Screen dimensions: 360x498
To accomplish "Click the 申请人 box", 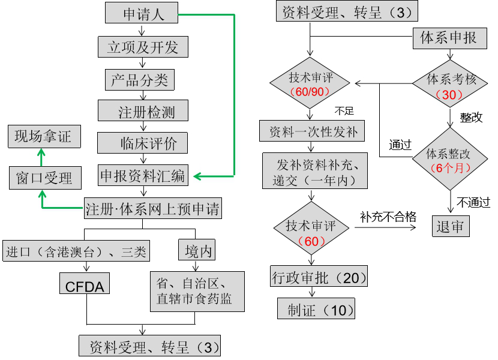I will tap(142, 13).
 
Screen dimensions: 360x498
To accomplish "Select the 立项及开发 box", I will tap(142, 47).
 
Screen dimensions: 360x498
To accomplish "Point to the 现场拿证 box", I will tap(43, 137).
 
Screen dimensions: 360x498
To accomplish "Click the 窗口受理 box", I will tap(41, 178).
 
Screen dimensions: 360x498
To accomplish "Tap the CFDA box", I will tap(85, 284).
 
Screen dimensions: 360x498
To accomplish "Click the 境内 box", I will tap(196, 250).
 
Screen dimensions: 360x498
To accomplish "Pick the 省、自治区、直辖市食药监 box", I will tap(197, 292).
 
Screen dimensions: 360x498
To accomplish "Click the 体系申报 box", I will tap(448, 38).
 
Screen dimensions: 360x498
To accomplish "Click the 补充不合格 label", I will tap(388, 217).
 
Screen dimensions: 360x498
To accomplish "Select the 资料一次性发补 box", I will tap(312, 131).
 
